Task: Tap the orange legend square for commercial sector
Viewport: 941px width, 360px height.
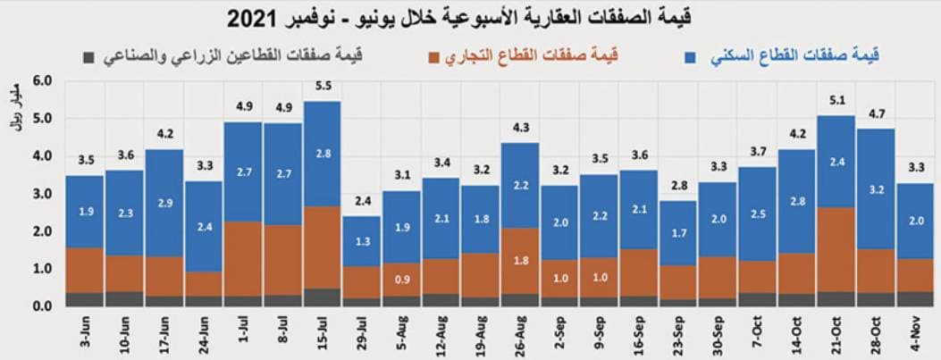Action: (x=434, y=58)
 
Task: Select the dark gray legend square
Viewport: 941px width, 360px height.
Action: (x=88, y=58)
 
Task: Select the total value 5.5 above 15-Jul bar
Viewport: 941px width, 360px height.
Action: (x=323, y=87)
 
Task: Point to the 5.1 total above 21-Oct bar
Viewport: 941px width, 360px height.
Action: (x=835, y=101)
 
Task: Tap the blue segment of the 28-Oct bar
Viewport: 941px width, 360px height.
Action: (x=876, y=188)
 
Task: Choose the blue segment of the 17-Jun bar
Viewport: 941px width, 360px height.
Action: (x=164, y=203)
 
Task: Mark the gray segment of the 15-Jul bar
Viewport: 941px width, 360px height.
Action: (x=323, y=297)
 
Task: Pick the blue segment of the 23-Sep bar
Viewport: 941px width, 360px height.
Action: (x=678, y=232)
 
